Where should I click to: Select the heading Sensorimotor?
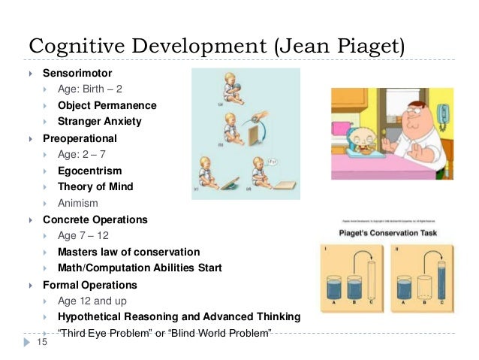(77, 74)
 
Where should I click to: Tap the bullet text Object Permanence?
(107, 105)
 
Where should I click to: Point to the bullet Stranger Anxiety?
(99, 121)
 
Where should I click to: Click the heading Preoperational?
(80, 138)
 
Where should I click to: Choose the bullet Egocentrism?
(89, 171)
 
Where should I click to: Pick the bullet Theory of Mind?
(95, 186)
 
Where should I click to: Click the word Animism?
(77, 203)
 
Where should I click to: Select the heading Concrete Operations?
(95, 220)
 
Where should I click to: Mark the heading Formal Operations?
(89, 285)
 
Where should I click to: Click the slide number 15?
(43, 342)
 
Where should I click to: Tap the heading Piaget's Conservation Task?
(391, 234)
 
